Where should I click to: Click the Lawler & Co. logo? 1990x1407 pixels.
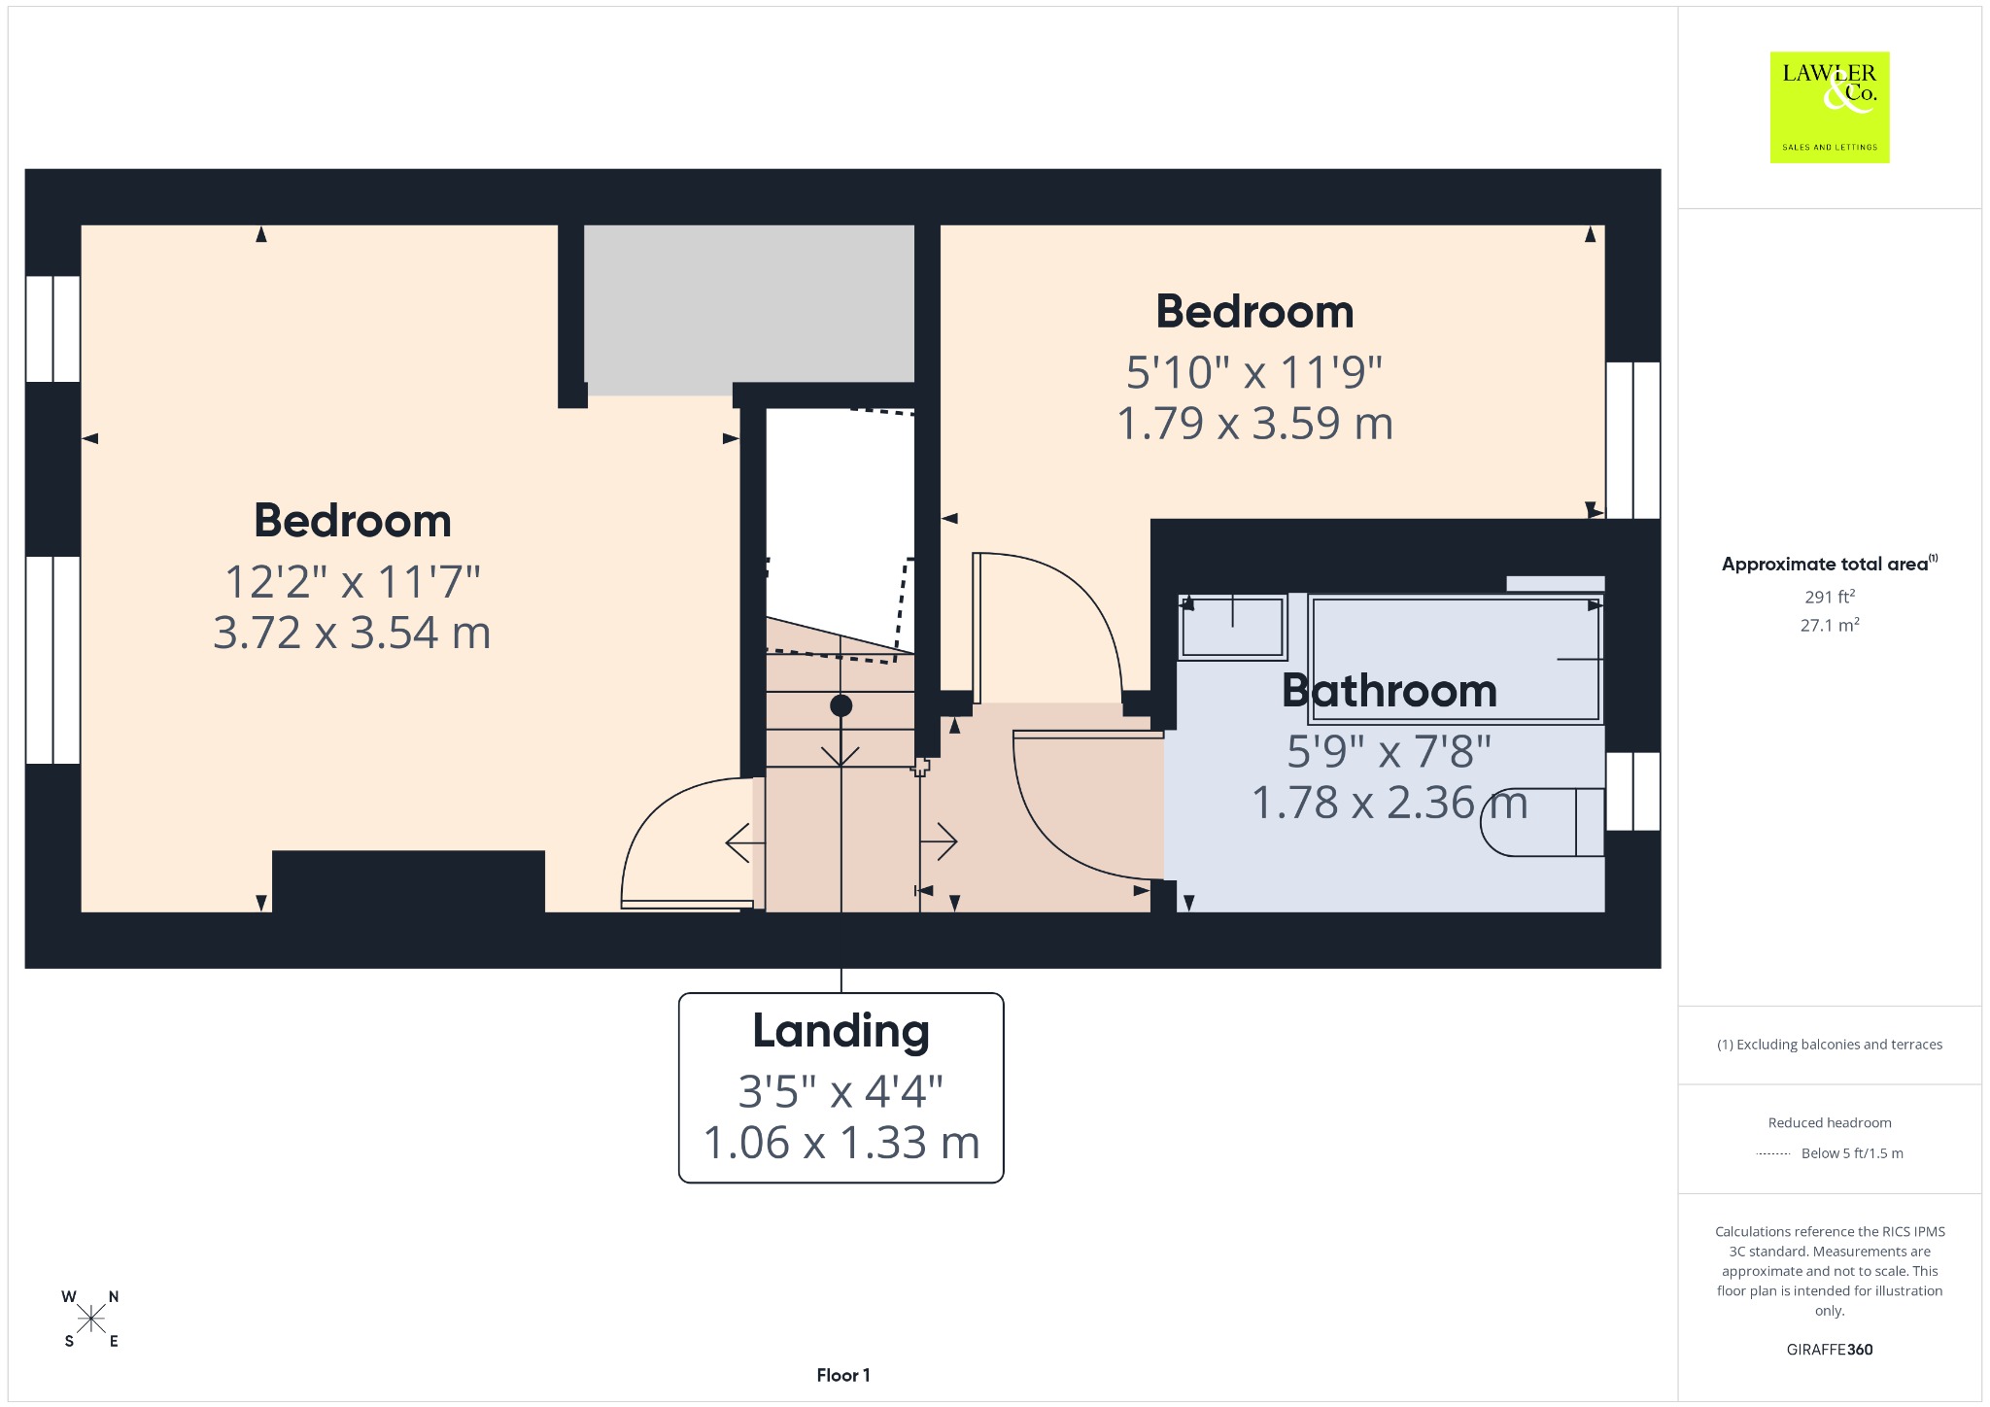click(1829, 107)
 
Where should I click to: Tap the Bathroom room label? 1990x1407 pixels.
click(1389, 691)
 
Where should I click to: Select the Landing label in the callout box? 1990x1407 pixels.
click(841, 1031)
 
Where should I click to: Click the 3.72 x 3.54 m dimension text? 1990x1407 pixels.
click(352, 633)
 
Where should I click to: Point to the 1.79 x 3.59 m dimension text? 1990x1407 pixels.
click(1254, 424)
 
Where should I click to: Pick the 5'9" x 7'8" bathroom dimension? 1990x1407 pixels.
click(1389, 751)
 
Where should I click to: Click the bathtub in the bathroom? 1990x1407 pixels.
click(1455, 659)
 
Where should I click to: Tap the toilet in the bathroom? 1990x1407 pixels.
click(1542, 822)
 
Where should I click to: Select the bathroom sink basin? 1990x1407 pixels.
click(1232, 628)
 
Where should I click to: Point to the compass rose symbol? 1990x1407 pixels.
click(91, 1319)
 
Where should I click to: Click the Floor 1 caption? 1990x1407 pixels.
click(843, 1375)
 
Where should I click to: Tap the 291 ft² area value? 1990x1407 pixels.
click(1830, 597)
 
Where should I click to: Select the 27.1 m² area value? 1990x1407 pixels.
click(1830, 625)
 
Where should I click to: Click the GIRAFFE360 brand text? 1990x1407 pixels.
click(1830, 1350)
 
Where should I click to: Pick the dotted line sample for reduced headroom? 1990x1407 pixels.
click(1773, 1153)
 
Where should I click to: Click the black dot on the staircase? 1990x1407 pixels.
click(841, 706)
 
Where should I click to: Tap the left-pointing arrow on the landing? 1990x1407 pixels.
click(745, 842)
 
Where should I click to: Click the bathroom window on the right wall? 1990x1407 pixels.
click(1632, 791)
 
